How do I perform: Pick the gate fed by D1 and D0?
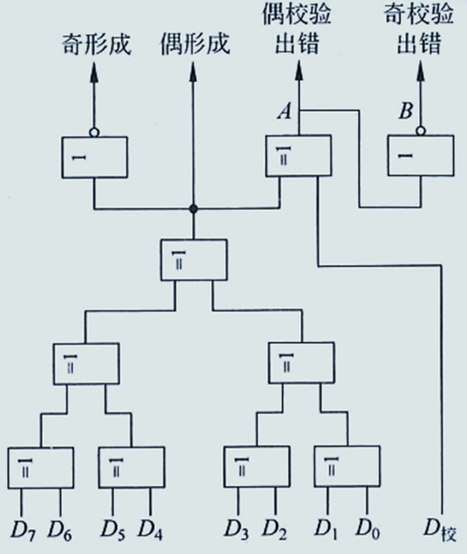coord(345,467)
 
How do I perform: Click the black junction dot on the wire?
coord(193,210)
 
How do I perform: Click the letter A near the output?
coord(283,113)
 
